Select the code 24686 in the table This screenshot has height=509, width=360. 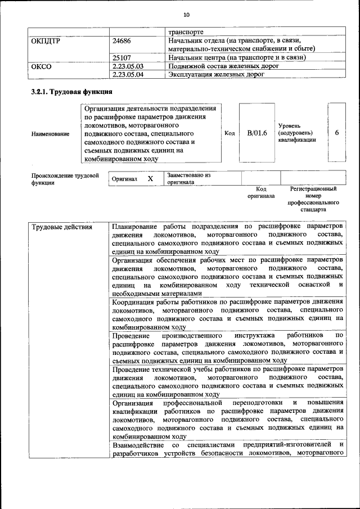(121, 40)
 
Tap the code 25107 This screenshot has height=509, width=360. (121, 57)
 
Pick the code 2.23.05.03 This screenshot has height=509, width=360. (128, 66)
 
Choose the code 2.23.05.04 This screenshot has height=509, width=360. (128, 74)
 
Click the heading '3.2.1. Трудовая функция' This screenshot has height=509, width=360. (71, 92)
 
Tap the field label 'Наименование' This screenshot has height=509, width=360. (51, 133)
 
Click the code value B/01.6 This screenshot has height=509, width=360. (256, 133)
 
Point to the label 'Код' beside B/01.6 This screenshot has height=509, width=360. (229, 133)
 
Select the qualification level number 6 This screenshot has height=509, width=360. (336, 133)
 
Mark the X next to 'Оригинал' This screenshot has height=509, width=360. (150, 178)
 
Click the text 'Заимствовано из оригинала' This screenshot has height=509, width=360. (188, 178)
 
